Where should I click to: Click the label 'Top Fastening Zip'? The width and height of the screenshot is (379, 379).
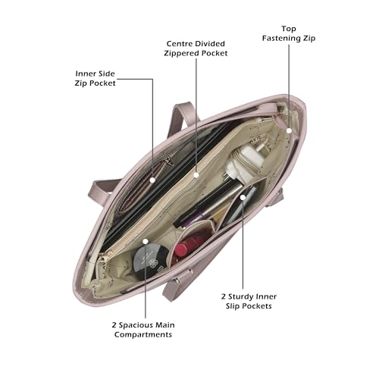pos(289,33)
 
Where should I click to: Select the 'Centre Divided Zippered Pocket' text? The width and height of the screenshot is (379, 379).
pos(196,49)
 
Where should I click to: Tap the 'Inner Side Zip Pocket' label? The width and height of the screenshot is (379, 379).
pos(95,78)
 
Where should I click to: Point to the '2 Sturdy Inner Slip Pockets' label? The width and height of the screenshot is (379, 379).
pos(249,301)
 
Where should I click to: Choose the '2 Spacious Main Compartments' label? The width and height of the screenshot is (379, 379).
pos(143,330)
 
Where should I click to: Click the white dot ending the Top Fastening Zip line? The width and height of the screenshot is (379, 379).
pos(290,130)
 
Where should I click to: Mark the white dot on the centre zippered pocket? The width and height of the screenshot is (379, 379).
pos(196,175)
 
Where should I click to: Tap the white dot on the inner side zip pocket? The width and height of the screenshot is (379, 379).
pos(152,180)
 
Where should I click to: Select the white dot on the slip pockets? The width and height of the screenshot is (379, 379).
pos(243,197)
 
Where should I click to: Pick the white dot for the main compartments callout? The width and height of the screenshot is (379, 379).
pos(146,242)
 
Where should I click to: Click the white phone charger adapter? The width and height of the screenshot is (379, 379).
pos(245,161)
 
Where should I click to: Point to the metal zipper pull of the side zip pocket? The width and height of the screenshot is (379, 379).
pos(168,161)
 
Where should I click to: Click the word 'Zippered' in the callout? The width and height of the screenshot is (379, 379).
pos(179,54)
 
